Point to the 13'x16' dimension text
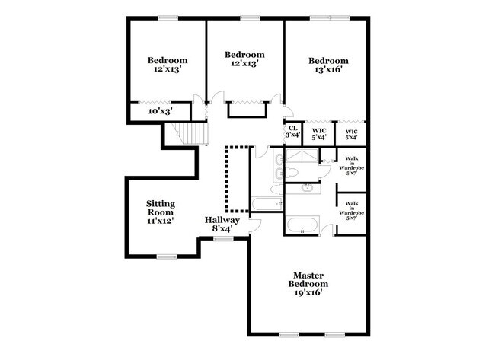click(328, 69)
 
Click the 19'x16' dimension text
click(308, 293)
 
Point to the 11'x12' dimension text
click(161, 221)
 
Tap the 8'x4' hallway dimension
click(222, 228)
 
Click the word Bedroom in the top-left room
click(167, 61)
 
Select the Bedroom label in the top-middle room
click(244, 55)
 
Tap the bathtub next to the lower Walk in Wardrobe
click(303, 225)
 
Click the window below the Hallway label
click(223, 238)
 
